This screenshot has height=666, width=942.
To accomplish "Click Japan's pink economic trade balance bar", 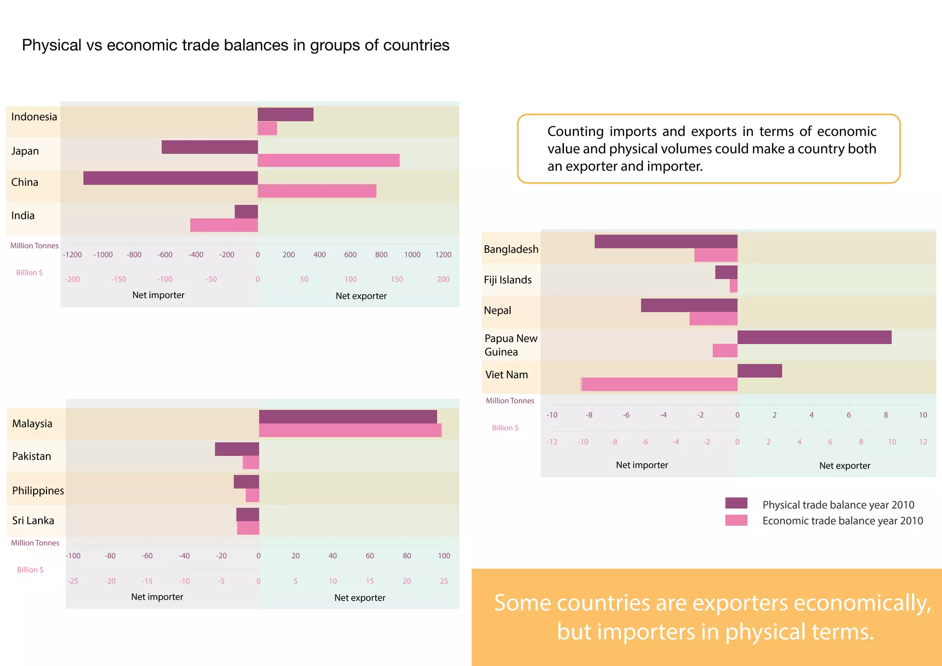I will [x=328, y=161].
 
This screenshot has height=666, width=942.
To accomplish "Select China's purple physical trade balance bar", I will [x=170, y=178].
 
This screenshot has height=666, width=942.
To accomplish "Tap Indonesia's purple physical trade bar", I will [x=285, y=115].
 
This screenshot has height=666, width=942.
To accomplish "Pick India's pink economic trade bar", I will [x=224, y=225].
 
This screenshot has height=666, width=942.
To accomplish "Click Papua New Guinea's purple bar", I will [x=814, y=337].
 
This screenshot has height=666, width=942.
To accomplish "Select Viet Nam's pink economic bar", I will [x=659, y=385].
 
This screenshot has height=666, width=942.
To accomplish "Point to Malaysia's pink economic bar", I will [x=350, y=431].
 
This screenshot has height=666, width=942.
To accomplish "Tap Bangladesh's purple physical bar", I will [x=666, y=241].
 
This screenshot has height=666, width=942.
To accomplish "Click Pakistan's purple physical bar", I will [x=236, y=449].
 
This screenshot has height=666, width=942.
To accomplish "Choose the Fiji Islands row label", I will [x=507, y=280].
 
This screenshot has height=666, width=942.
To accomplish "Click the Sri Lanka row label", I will [x=33, y=520].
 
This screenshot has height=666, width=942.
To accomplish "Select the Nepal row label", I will [x=497, y=310].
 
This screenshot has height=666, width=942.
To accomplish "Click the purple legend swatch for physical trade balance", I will [x=736, y=503].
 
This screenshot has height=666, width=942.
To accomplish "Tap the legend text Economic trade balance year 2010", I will [x=842, y=521].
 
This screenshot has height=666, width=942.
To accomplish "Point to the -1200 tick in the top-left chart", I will [x=72, y=255].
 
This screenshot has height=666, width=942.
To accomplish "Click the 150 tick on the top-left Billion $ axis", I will [x=396, y=279].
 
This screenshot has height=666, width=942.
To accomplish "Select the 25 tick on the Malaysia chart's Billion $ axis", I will [x=443, y=581].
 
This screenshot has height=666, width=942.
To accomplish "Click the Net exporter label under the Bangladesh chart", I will [x=844, y=465].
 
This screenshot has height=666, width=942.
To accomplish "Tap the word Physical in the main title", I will [x=52, y=45].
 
